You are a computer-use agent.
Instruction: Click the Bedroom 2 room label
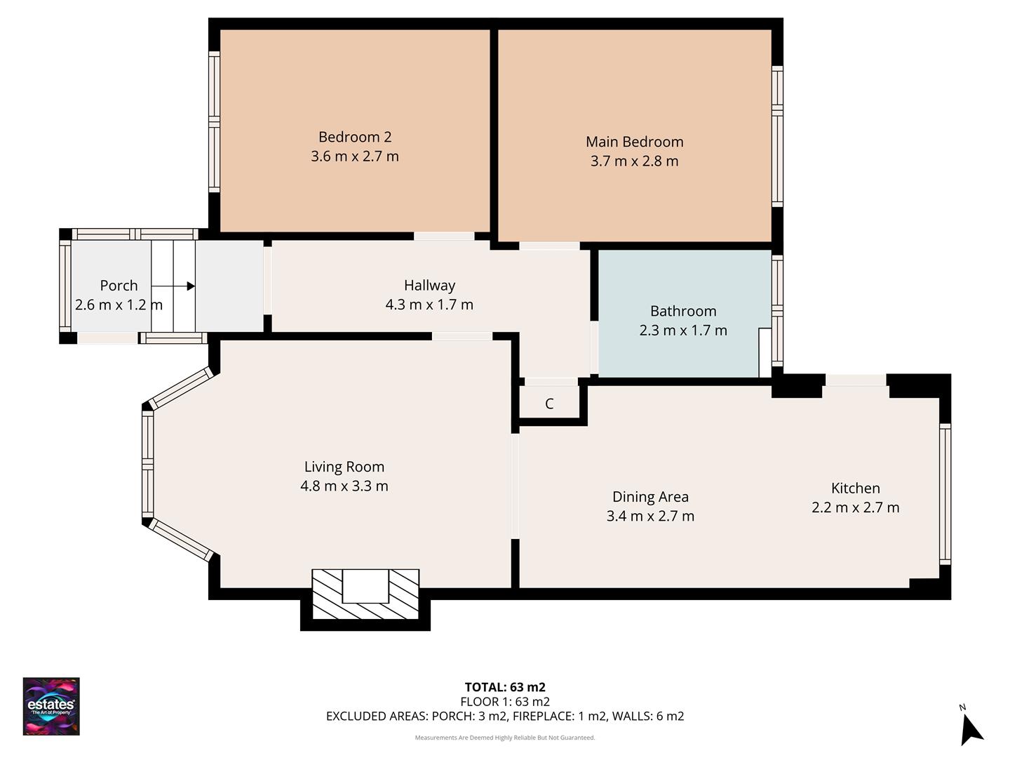(354, 137)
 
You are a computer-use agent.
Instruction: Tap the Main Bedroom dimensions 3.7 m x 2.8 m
(634, 161)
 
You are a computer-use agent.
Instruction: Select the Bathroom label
(683, 311)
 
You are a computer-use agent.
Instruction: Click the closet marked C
(549, 404)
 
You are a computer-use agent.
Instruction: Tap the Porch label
(119, 286)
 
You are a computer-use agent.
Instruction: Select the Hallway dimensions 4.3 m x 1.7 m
(429, 305)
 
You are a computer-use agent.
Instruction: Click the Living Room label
(344, 467)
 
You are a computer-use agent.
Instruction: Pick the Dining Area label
(650, 497)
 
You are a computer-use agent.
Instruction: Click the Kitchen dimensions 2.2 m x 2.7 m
(855, 507)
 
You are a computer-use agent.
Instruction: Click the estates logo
(51, 706)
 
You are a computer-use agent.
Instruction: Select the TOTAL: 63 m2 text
(505, 687)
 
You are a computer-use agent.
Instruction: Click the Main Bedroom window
(777, 137)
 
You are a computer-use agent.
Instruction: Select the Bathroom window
(777, 310)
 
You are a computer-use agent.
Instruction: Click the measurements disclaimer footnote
(505, 738)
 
